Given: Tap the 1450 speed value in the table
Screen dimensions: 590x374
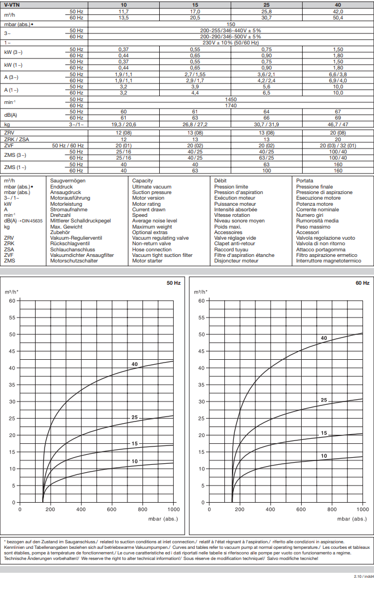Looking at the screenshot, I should (x=230, y=99).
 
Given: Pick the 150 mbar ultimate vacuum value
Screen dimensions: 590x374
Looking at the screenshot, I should (x=230, y=24).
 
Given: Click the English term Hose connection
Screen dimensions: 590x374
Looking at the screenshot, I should (x=152, y=249).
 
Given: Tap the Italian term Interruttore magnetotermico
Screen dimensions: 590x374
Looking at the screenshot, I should (x=328, y=260).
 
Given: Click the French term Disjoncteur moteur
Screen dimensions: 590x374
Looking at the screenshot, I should (x=236, y=260).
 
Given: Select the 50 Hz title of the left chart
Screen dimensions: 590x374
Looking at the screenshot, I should (x=174, y=283).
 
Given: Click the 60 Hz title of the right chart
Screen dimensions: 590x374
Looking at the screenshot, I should (x=362, y=283).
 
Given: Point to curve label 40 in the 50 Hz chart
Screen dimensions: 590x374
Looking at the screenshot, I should (x=134, y=364).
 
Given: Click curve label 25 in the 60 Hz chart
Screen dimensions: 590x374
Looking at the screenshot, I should (x=324, y=400).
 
